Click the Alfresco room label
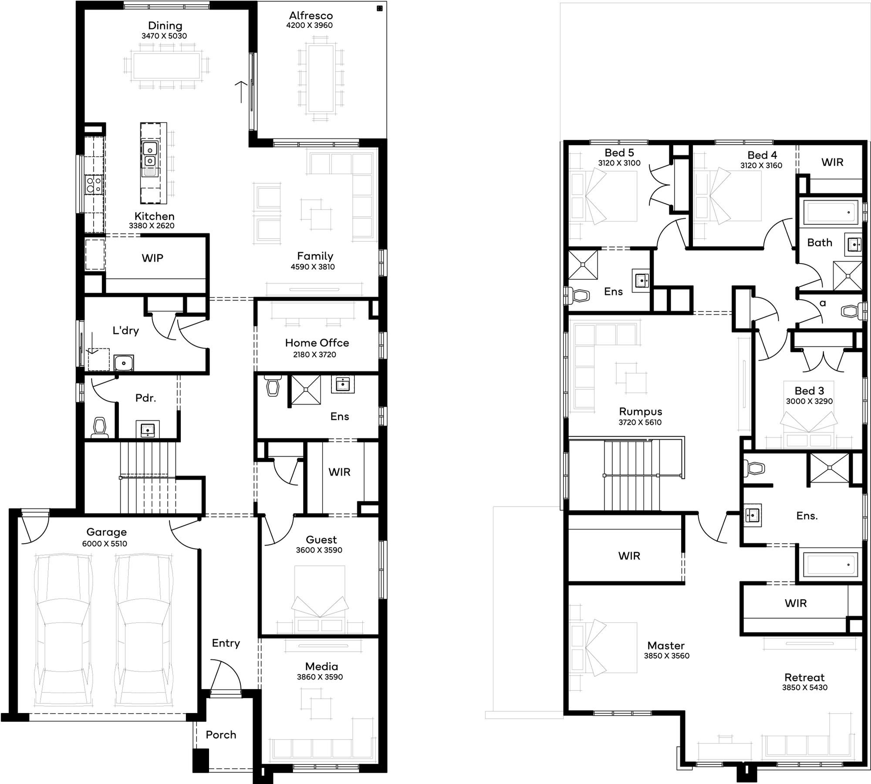point(311,16)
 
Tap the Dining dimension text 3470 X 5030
point(164,36)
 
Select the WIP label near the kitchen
point(152,258)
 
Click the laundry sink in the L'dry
point(124,362)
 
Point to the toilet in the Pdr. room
point(100,427)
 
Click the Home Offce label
point(317,343)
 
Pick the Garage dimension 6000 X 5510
point(105,544)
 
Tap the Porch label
point(221,735)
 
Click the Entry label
point(226,643)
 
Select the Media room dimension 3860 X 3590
point(320,677)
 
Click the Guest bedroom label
point(321,540)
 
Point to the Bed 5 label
point(619,153)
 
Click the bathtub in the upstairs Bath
point(830,212)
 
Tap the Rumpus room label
point(640,412)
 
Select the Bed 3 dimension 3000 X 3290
point(809,401)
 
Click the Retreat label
point(804,677)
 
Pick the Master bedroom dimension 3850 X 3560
point(667,656)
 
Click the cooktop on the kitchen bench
point(94,184)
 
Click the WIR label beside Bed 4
point(832,162)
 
